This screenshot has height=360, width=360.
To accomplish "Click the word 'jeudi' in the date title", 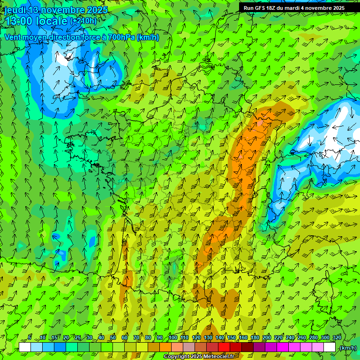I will click(15, 10).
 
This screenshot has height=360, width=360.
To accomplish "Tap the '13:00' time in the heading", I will click(18, 21).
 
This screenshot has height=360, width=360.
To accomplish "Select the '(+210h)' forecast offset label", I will click(83, 21).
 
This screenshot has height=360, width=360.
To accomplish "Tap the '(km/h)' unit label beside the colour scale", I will click(348, 348).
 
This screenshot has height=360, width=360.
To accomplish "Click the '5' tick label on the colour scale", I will click(30, 337).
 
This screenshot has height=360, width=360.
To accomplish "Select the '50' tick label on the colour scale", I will click(113, 337).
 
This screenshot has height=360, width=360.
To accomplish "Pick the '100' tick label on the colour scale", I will click(172, 337).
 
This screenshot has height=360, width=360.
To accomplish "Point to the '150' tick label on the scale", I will click(232, 337).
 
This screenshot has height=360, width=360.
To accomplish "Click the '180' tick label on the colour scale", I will click(255, 337).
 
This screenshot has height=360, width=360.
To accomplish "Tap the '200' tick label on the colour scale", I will click(267, 337).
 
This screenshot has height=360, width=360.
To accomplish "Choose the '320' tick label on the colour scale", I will click(337, 337).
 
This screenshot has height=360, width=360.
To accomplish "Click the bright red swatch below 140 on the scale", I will click(225, 347).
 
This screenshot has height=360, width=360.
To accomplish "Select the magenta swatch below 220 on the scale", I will click(283, 347).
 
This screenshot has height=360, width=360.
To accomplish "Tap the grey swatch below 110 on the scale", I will click(189, 347).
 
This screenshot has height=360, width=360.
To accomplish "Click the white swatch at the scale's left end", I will click(25, 347).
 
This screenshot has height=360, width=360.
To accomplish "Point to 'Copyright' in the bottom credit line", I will click(177, 357).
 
